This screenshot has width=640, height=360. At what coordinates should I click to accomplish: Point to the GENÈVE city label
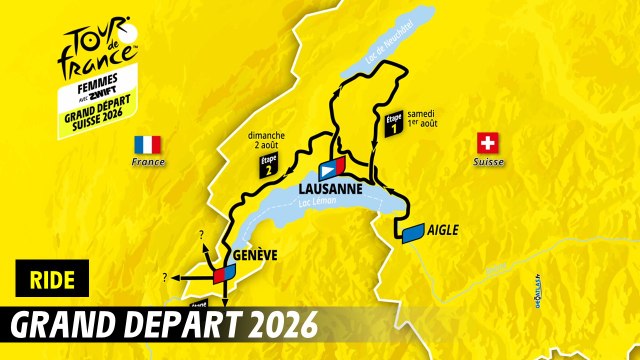coord(253,256)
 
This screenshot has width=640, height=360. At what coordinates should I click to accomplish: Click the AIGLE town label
coord(442,230)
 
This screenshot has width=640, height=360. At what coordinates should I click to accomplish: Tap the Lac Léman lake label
coord(309,207)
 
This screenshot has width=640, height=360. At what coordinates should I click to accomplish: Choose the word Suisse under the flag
coord(489,162)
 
